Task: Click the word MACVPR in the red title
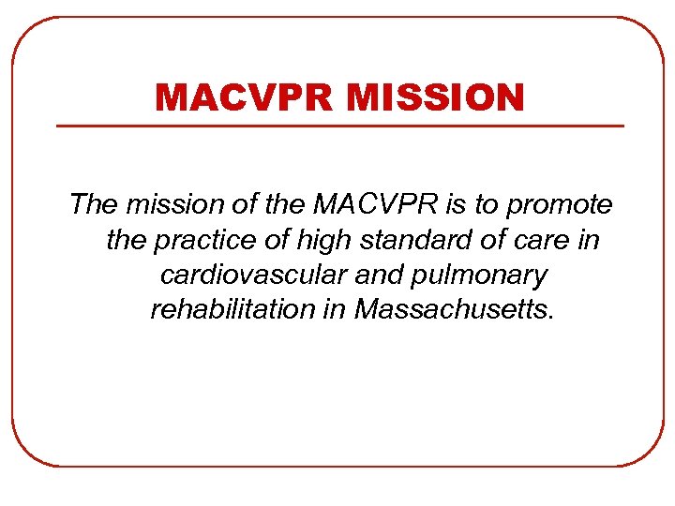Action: pyautogui.click(x=241, y=97)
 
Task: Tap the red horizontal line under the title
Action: pyautogui.click(x=340, y=126)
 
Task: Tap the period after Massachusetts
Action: pyautogui.click(x=552, y=316)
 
